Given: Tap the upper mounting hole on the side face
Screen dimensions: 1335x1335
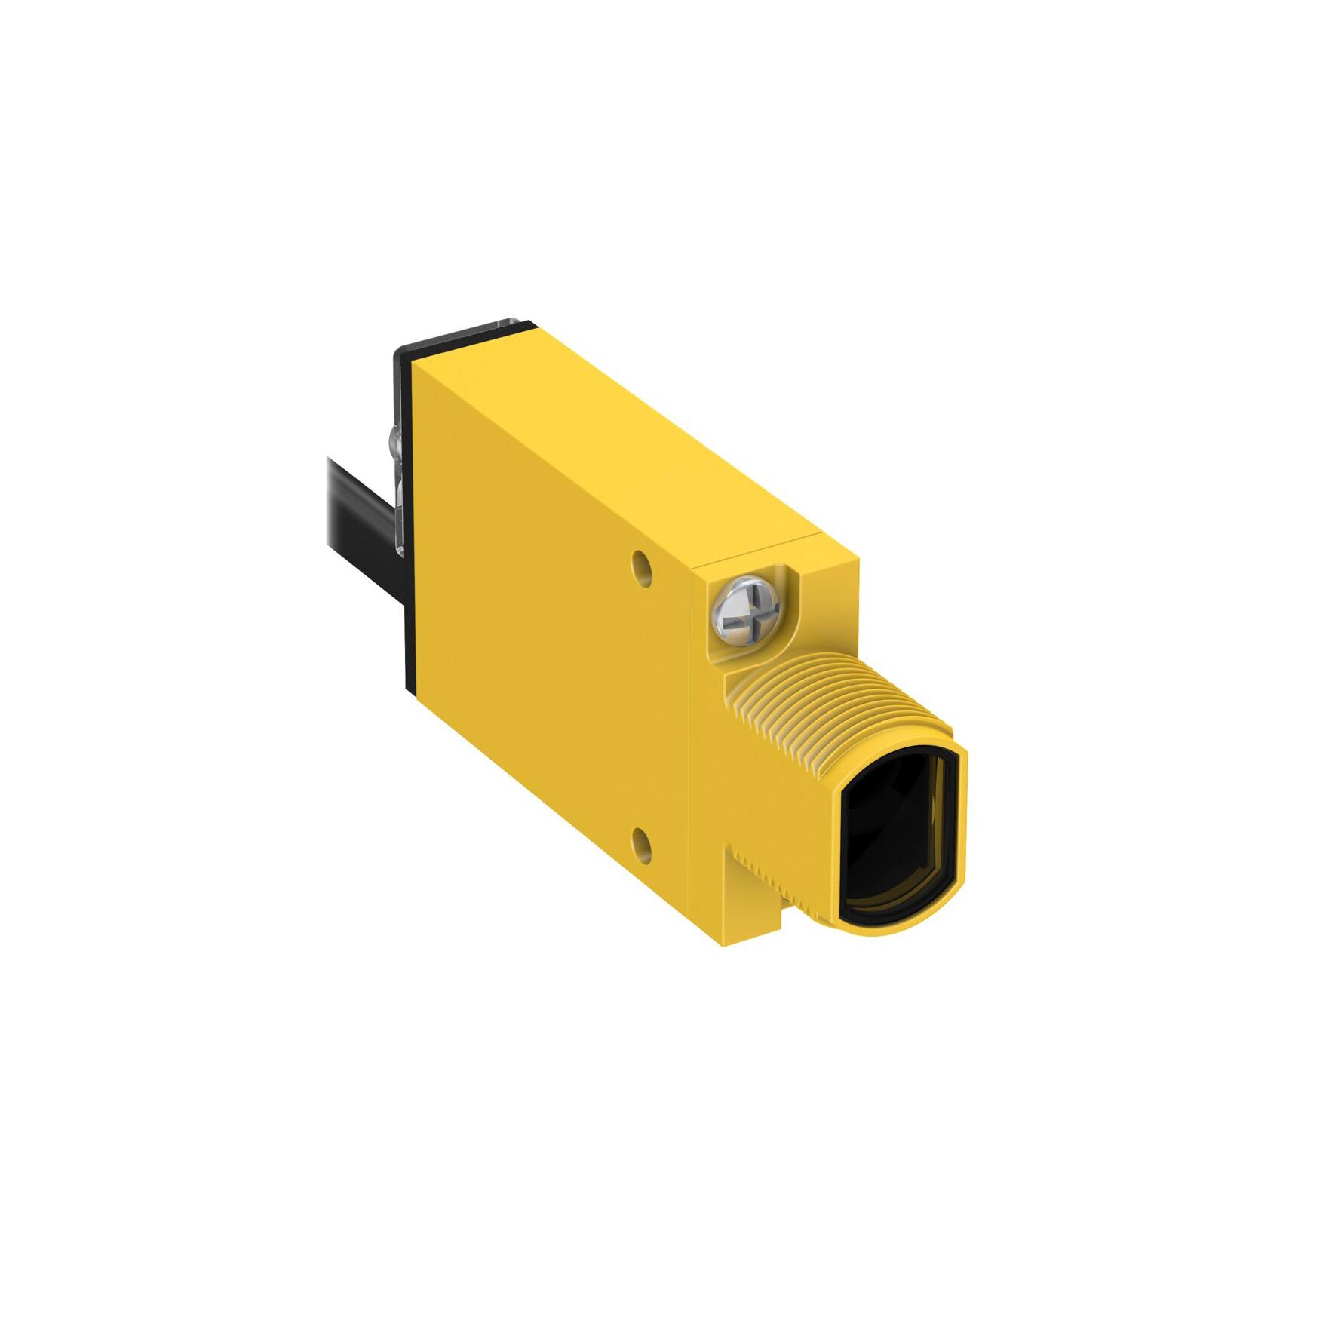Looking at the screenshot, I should coord(640,563).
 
